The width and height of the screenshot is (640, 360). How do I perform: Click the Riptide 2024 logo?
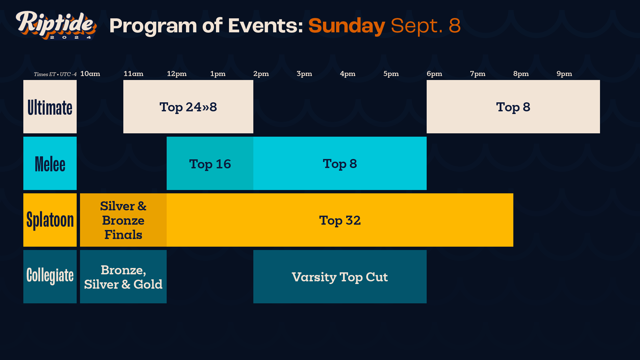(x=56, y=25)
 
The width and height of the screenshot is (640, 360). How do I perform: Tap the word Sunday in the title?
(x=347, y=26)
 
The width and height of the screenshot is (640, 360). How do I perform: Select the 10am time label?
(x=90, y=74)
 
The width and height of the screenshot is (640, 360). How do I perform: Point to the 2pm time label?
(x=261, y=74)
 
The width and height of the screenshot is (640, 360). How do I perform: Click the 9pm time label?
(x=564, y=74)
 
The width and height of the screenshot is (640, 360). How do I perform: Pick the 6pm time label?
(x=434, y=74)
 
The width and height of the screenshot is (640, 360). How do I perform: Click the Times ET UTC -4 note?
(x=55, y=74)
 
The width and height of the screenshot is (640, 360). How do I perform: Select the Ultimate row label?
(x=50, y=107)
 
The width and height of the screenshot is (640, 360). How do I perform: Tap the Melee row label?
(x=50, y=164)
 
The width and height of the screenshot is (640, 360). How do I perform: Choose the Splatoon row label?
(x=50, y=220)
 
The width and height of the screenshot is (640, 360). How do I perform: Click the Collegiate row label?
(x=50, y=276)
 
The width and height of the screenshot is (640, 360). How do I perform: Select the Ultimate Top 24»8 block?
(x=188, y=107)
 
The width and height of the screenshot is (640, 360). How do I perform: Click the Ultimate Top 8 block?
(x=513, y=107)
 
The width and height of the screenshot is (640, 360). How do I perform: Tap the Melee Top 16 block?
(x=210, y=164)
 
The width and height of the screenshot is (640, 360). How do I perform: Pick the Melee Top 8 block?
(x=340, y=164)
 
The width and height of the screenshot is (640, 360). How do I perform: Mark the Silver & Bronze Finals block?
(x=123, y=220)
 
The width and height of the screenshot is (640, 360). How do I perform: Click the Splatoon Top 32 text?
(x=340, y=220)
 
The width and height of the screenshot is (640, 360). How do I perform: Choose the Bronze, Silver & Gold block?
(x=123, y=277)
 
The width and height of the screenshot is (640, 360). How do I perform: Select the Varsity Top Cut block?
(x=340, y=277)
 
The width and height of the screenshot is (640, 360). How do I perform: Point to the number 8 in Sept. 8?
(x=455, y=26)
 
